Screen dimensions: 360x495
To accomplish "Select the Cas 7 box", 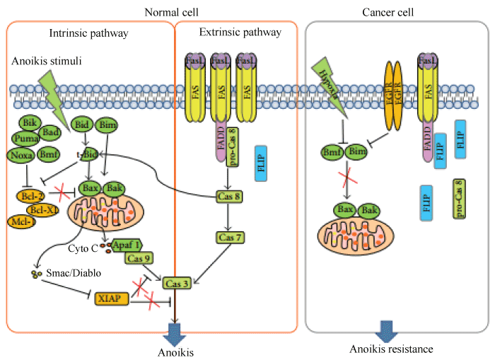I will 230,238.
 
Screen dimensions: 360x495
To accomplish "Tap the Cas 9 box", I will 139,258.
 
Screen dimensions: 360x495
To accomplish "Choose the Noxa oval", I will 22,155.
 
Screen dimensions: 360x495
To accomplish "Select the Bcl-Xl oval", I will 43,209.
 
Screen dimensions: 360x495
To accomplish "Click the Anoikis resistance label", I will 391,349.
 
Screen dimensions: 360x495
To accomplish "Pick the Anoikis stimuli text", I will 47,62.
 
